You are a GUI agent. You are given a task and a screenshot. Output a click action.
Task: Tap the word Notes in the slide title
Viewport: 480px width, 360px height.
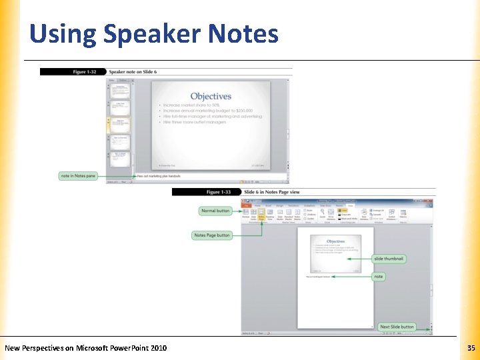tap(243, 33)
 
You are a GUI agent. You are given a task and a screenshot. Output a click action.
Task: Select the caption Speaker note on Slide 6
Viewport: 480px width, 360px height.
tap(133, 71)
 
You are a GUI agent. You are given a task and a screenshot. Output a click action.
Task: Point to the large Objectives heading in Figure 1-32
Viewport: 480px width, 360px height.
tap(211, 97)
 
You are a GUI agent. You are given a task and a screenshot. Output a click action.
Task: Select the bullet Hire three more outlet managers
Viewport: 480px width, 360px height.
tap(194, 122)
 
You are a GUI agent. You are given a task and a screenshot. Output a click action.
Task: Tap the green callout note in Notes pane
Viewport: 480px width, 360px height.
tap(77, 175)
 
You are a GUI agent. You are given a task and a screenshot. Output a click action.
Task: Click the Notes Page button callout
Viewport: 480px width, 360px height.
tap(212, 235)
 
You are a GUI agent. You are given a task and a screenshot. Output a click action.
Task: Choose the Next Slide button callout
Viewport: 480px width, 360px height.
tap(397, 327)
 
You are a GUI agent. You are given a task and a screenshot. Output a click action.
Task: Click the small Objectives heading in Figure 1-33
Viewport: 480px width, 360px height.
tap(335, 241)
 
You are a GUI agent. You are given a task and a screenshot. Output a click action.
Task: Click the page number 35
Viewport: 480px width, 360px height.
tap(471, 348)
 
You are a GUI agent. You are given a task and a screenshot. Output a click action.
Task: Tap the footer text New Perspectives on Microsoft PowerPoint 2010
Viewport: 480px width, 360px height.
tap(86, 348)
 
